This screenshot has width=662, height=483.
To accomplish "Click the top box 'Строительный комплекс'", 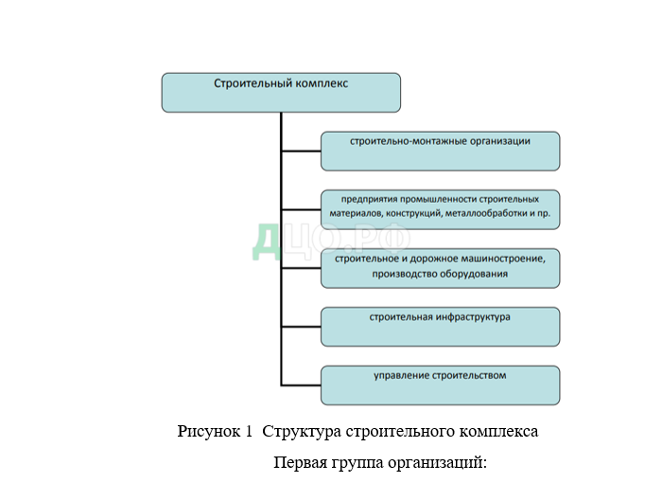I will pyautogui.click(x=281, y=93).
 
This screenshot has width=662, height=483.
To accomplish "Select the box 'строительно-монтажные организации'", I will pyautogui.click(x=440, y=151).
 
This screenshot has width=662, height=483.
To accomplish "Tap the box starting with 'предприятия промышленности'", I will pyautogui.click(x=440, y=209).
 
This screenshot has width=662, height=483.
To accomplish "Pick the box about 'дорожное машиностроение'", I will pyautogui.click(x=440, y=268).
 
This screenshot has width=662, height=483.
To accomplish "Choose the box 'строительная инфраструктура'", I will pyautogui.click(x=440, y=327).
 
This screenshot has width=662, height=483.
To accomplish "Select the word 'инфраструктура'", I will pyautogui.click(x=470, y=316).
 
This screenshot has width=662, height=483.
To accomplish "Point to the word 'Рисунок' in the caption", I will pyautogui.click(x=209, y=432).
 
